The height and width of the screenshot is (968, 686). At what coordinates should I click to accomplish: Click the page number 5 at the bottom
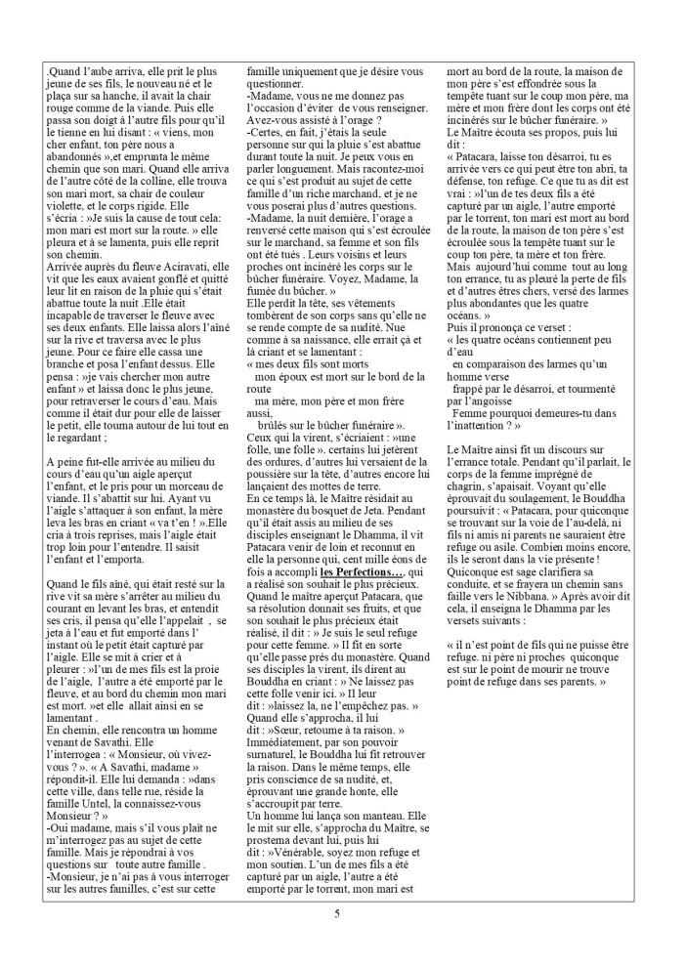pyautogui.click(x=337, y=914)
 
